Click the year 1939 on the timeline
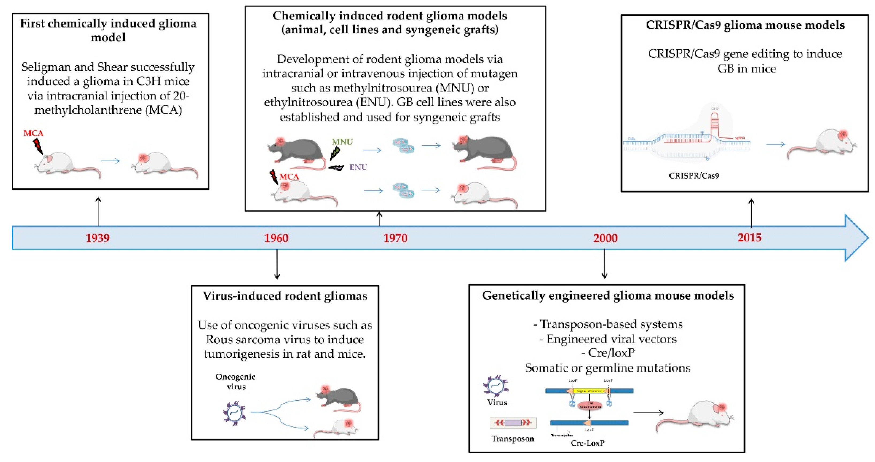97,238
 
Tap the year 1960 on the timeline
276,238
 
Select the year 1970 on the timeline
395,238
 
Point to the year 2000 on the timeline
605,238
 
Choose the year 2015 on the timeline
749,238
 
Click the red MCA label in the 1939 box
33,133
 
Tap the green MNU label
342,142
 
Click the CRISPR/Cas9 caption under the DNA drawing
694,176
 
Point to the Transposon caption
513,438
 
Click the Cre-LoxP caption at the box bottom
587,443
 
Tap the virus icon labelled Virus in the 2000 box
496,386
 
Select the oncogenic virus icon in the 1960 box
234,413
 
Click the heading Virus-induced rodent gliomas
285,296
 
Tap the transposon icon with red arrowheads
513,423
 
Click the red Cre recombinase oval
590,405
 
